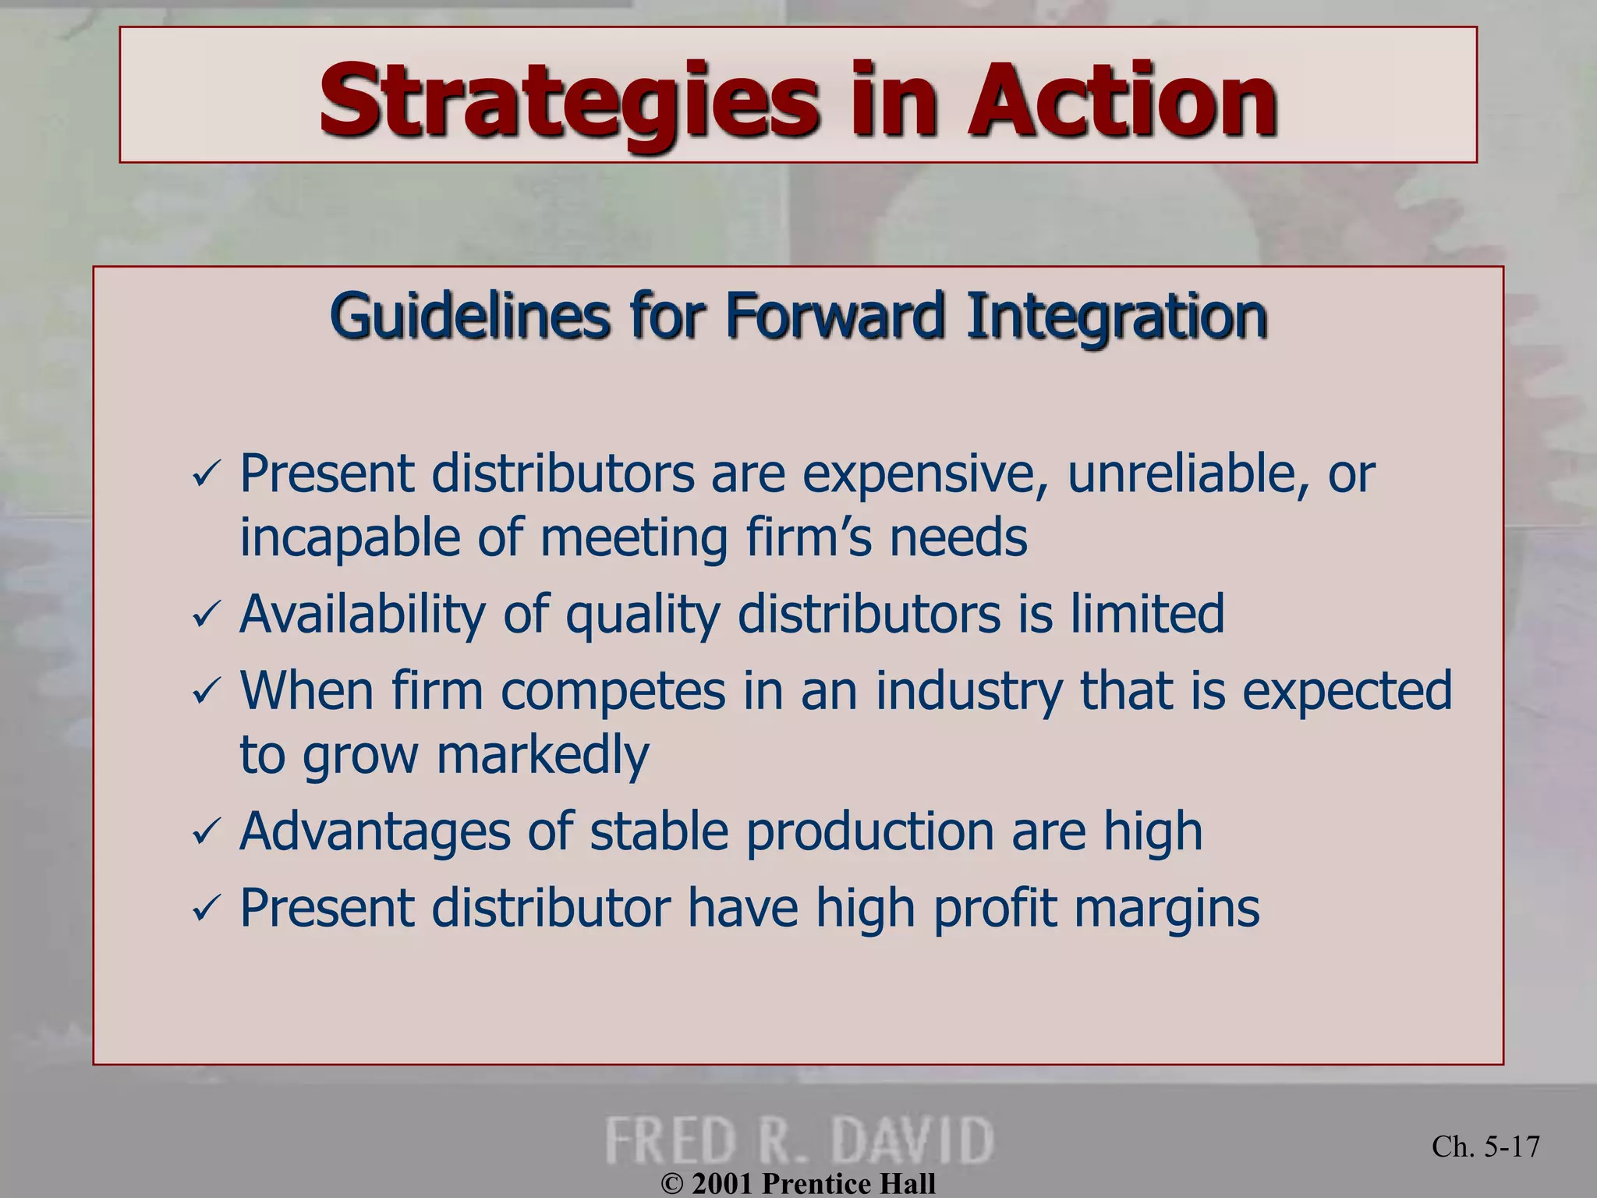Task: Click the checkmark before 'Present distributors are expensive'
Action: tap(207, 475)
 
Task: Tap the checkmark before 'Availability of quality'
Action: tap(207, 615)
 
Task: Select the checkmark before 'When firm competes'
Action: tap(207, 691)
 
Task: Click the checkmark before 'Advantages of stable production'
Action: tap(207, 832)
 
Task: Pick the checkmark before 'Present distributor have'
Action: tap(207, 909)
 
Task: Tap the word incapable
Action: tap(349, 538)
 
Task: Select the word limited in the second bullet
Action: tap(1146, 613)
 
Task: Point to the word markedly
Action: tap(543, 755)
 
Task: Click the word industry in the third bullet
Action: tap(969, 691)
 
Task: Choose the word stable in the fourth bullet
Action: tap(659, 831)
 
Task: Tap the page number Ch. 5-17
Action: tap(1485, 1147)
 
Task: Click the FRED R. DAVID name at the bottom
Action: tap(798, 1140)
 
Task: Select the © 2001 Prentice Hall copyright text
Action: tap(798, 1184)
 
